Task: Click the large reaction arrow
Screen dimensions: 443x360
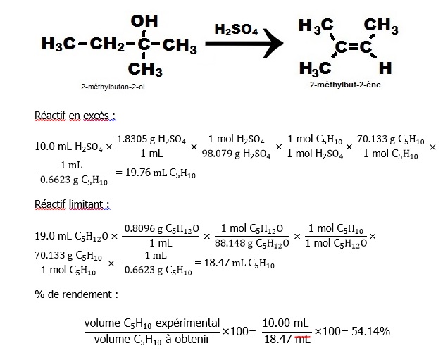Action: (x=243, y=47)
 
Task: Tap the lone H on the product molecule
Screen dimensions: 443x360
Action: (x=385, y=68)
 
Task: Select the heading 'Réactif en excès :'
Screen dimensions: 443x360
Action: (x=75, y=115)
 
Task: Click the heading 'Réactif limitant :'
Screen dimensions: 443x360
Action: (x=72, y=204)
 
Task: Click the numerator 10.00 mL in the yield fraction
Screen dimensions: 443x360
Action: (x=286, y=323)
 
